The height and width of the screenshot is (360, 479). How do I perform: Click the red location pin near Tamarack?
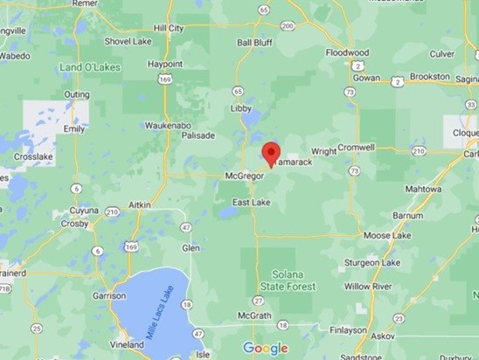(271, 152)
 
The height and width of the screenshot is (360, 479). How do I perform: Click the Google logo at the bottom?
(265, 348)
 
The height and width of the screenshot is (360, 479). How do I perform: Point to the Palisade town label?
(198, 136)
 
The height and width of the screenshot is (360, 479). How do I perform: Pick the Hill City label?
(168, 28)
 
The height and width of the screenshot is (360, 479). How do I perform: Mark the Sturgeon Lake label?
(371, 262)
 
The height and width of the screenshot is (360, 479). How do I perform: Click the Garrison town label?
(109, 295)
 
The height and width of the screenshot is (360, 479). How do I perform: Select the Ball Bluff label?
(255, 42)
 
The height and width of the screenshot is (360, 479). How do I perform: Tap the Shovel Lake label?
(128, 41)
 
